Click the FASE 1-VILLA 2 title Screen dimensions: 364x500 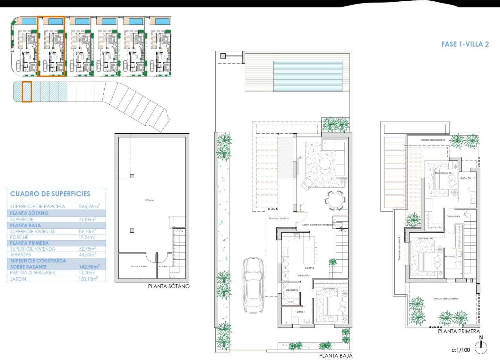click(465, 44)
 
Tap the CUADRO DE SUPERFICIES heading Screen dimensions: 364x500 click(50, 194)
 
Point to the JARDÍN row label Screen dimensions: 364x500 click(18, 279)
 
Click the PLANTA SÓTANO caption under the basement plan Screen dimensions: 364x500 click(168, 286)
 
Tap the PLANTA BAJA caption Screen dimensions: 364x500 click(336, 356)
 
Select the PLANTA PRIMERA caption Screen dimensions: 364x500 click(459, 331)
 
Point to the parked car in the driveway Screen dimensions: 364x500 click(254, 285)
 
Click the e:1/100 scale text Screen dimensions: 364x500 click(461, 350)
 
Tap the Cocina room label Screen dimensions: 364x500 click(309, 268)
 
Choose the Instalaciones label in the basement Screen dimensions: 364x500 click(139, 266)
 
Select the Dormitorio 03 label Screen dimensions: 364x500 click(443, 173)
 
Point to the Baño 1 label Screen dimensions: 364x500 click(301, 312)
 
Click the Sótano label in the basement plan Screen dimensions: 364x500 click(150, 200)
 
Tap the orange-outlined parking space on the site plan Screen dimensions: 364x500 click(27, 92)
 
